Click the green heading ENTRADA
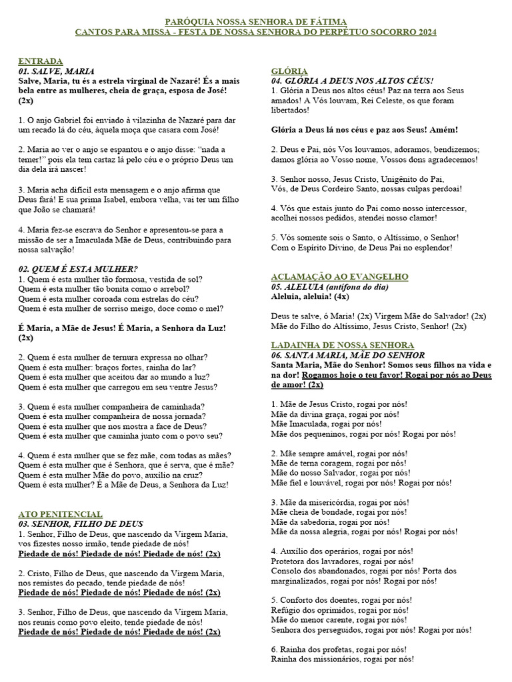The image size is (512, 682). [41, 61]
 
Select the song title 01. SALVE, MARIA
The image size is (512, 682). [56, 71]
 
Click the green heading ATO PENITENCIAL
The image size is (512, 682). [60, 514]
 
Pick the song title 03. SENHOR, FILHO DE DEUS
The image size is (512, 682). [81, 524]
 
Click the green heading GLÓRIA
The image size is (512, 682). [289, 71]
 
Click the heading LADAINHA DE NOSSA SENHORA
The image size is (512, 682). [343, 345]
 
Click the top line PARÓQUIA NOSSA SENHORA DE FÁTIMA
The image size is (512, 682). [256, 22]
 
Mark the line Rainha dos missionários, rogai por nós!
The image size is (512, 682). [342, 659]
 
